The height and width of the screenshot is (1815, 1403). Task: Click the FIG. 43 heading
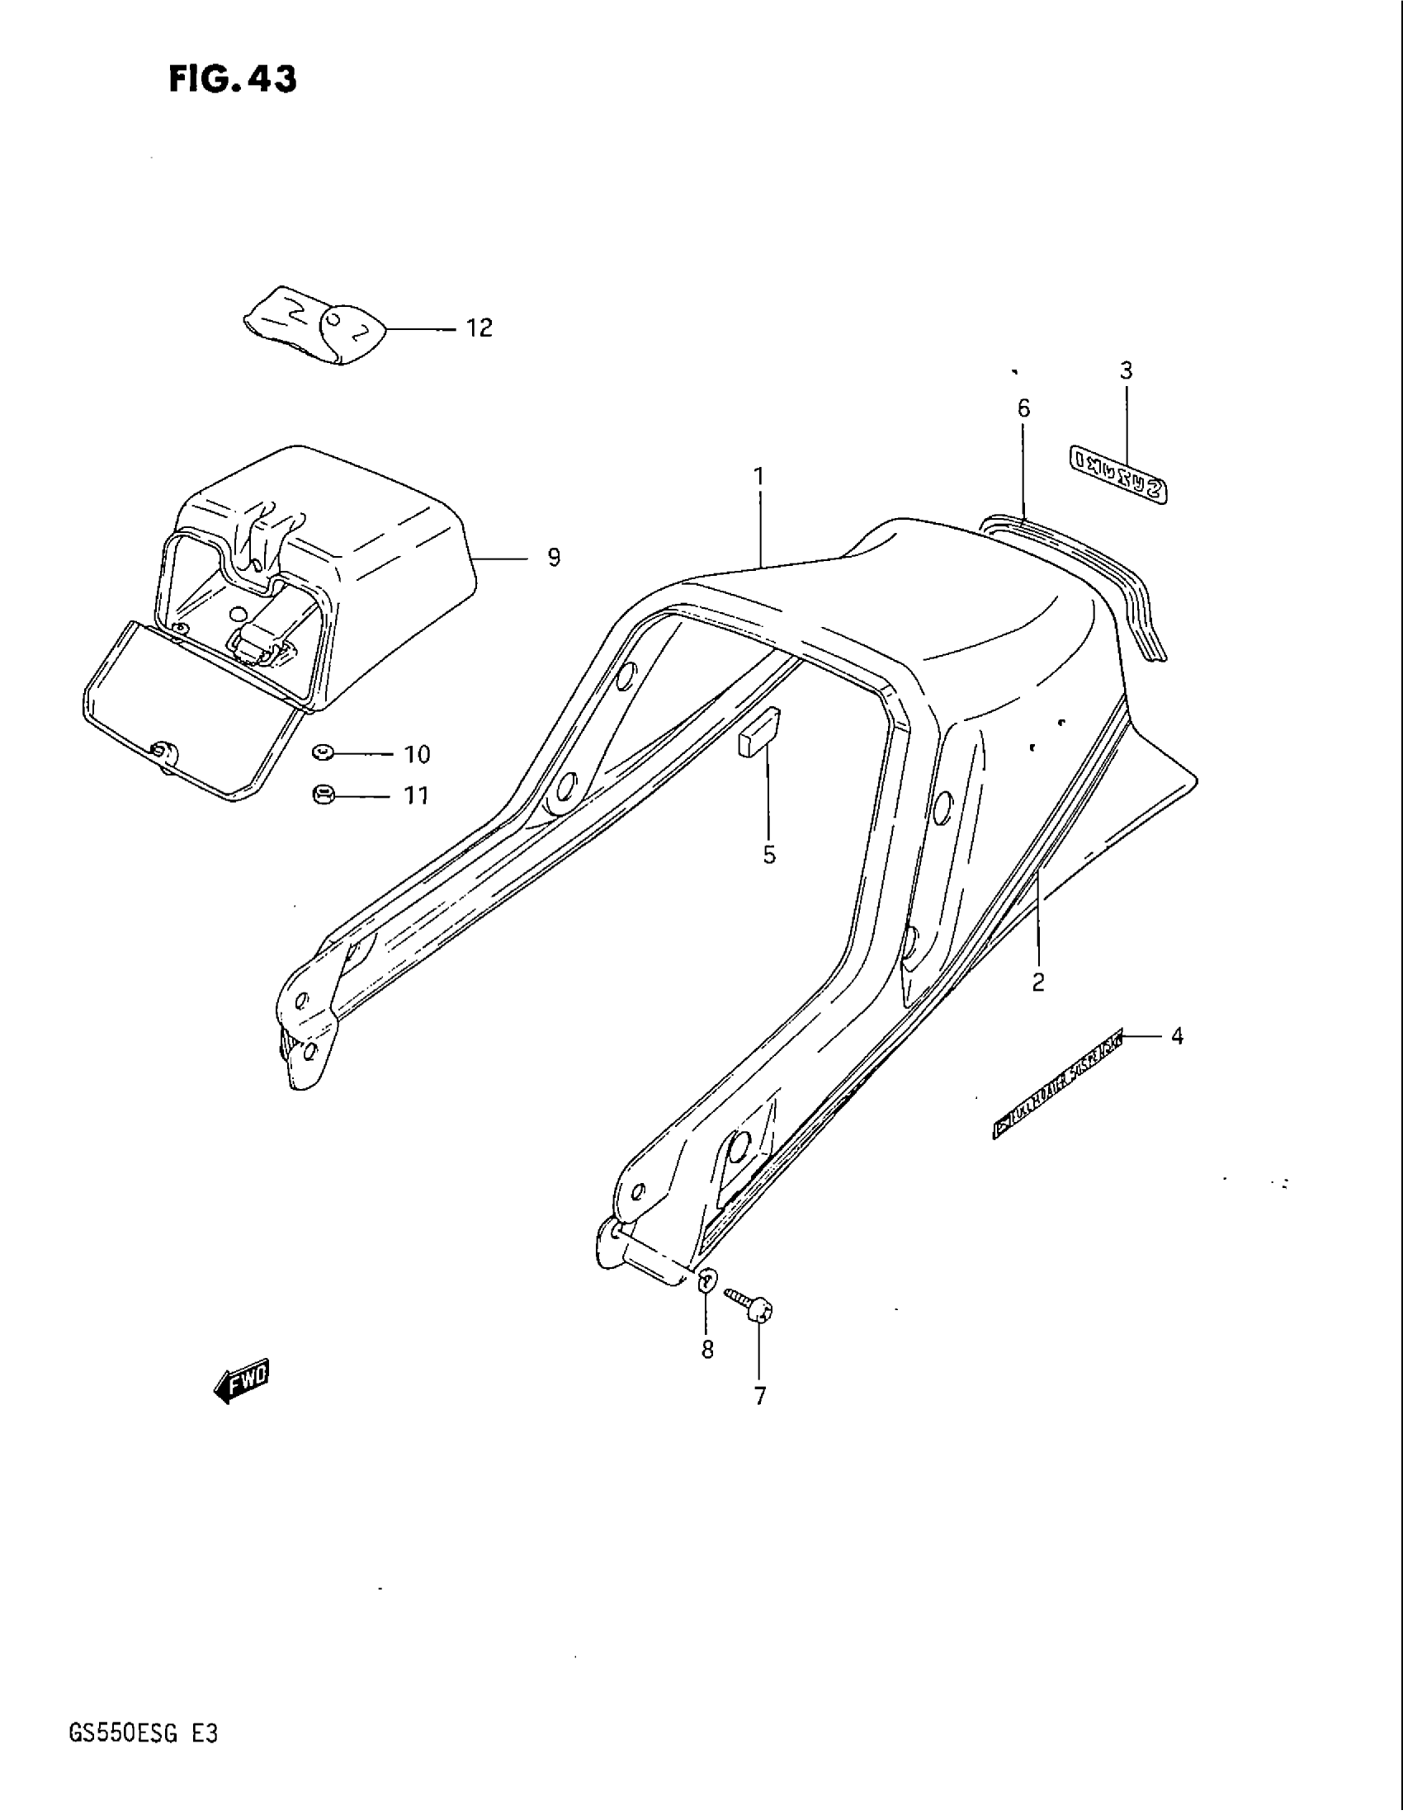pyautogui.click(x=232, y=80)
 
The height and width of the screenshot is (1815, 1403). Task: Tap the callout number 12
pyautogui.click(x=479, y=328)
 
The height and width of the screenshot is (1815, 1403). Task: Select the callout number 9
pyautogui.click(x=554, y=558)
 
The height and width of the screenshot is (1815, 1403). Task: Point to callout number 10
pyautogui.click(x=417, y=755)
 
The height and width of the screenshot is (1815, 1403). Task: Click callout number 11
pyautogui.click(x=416, y=796)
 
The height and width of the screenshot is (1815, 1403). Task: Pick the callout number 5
pyautogui.click(x=769, y=855)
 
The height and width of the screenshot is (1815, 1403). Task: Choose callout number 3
pyautogui.click(x=1126, y=371)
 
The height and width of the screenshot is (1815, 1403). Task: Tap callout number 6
pyautogui.click(x=1023, y=408)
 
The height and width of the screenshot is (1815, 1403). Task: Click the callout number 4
pyautogui.click(x=1176, y=1036)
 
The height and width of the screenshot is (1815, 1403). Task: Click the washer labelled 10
pyautogui.click(x=323, y=753)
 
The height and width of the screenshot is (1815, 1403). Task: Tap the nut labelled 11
pyautogui.click(x=323, y=795)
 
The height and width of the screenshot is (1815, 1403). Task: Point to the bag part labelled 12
pyautogui.click(x=315, y=327)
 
